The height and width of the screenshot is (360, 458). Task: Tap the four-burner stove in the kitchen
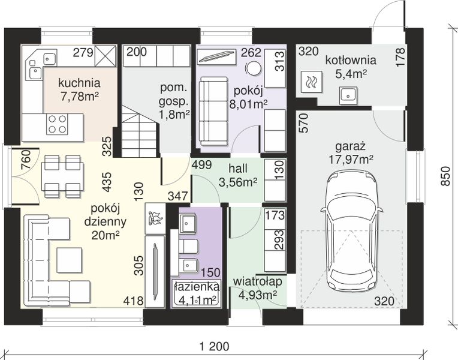(x=58, y=124)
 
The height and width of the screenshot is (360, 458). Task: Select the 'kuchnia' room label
(x=79, y=83)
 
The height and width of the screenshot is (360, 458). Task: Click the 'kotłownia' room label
(x=351, y=60)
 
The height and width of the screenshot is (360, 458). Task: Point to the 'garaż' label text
(x=351, y=146)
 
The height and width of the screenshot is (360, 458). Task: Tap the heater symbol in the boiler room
(x=312, y=82)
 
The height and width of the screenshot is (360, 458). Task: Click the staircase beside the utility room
(x=140, y=131)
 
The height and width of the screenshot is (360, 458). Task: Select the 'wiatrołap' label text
(x=258, y=281)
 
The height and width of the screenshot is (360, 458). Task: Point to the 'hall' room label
(x=238, y=169)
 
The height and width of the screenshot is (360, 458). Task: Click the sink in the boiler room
(x=348, y=95)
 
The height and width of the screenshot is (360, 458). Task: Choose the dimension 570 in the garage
(x=304, y=123)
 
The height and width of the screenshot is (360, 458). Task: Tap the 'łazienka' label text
(x=196, y=286)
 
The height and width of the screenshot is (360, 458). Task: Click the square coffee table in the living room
(x=69, y=260)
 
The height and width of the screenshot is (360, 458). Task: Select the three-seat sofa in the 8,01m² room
(x=213, y=111)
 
